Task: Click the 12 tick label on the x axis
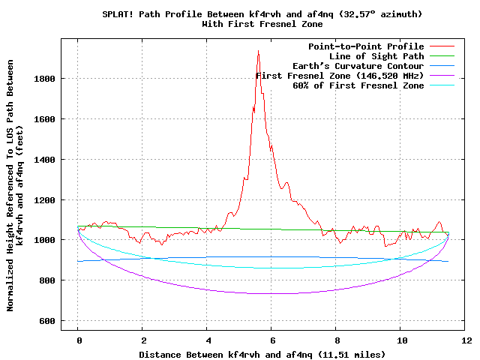467,340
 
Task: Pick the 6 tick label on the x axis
272,340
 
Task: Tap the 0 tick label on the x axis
78,340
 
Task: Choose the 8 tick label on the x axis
337,340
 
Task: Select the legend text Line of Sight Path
376,56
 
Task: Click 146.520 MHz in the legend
387,76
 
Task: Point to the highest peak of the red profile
258,51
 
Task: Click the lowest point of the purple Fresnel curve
264,293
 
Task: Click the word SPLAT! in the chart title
118,14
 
